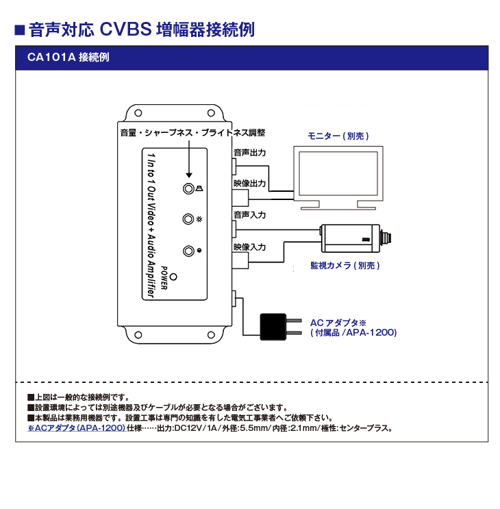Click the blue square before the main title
point(20,30)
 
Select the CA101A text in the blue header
point(51,58)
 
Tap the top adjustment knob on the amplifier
point(188,188)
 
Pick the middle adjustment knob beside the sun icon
point(188,219)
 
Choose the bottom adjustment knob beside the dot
point(188,251)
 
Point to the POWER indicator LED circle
point(175,277)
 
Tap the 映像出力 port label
point(249,184)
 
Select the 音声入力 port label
point(249,214)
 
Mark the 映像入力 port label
point(249,246)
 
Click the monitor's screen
point(336,174)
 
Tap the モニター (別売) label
point(338,136)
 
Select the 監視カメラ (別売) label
point(345,265)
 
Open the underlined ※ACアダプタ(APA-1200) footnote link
point(76,428)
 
